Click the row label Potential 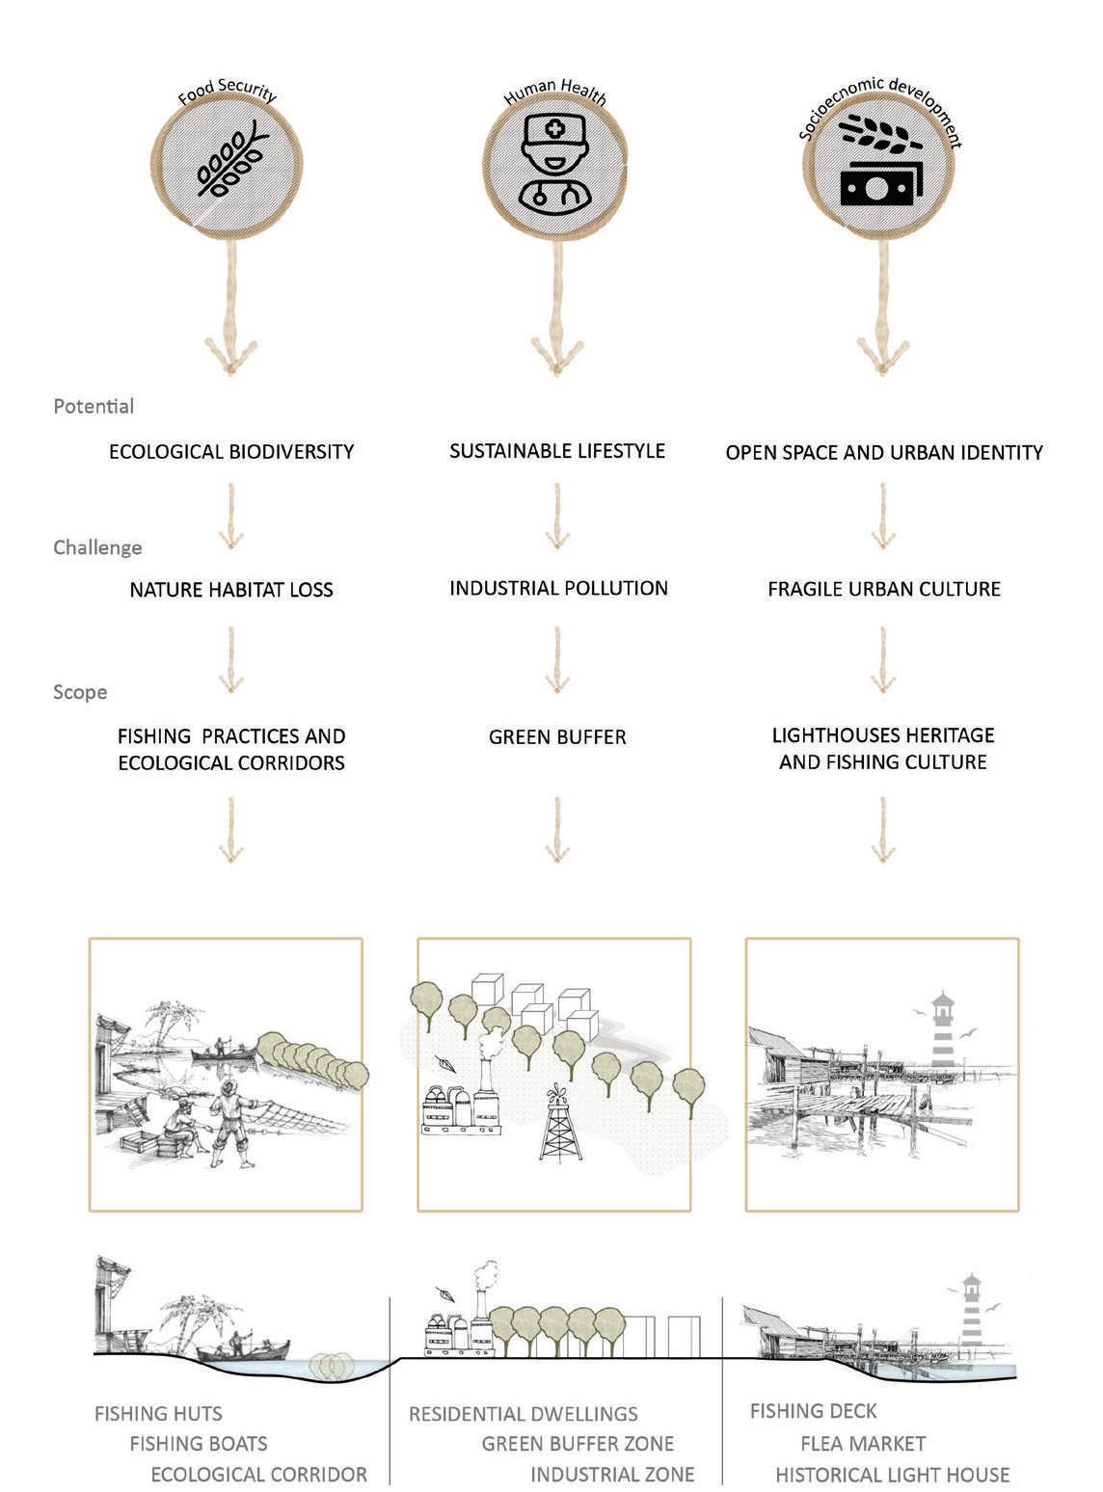[94, 406]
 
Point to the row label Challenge [97, 547]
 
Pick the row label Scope [80, 692]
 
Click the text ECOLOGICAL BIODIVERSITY [231, 451]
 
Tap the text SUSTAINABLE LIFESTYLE [557, 450]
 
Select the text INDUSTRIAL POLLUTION [558, 588]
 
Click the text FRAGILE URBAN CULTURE [884, 589]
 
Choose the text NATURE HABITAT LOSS [231, 589]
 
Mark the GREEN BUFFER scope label [557, 737]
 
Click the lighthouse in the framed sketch [942, 1031]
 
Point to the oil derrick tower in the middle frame [556, 1128]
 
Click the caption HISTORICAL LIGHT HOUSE [892, 1475]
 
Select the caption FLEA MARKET [863, 1444]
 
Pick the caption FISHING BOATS [199, 1444]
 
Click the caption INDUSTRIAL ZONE [612, 1475]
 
